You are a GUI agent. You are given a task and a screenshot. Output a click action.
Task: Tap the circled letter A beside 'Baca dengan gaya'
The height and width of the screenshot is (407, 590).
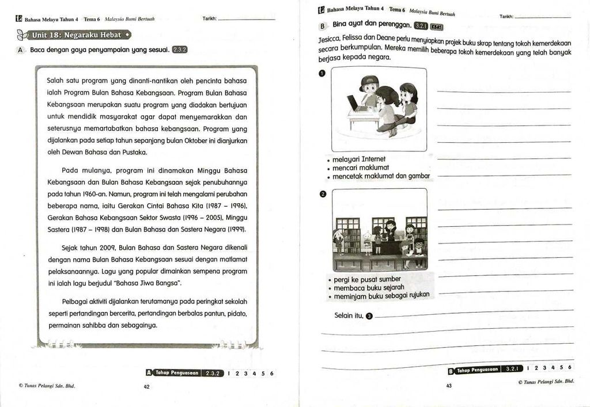pos(20,50)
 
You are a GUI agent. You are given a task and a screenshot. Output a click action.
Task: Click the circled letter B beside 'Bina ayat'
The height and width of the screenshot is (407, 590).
pos(323,26)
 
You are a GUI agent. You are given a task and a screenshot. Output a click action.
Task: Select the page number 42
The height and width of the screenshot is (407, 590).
pos(146,387)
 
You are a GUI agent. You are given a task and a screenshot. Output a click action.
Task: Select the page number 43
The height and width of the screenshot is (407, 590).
pos(449,386)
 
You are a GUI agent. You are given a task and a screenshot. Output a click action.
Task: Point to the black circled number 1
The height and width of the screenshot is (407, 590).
pos(322,73)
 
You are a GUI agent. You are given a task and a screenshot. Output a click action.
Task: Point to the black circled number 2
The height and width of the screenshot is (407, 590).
pos(323,193)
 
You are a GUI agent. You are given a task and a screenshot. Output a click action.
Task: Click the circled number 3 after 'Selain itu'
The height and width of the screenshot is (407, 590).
pos(369,316)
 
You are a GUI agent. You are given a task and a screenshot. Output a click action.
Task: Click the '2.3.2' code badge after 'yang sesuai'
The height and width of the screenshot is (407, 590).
pos(180,50)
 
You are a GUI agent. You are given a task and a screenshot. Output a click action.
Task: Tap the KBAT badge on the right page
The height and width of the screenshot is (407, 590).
pos(436,26)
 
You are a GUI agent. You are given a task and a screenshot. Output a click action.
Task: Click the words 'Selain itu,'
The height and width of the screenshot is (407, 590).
pos(349,315)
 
